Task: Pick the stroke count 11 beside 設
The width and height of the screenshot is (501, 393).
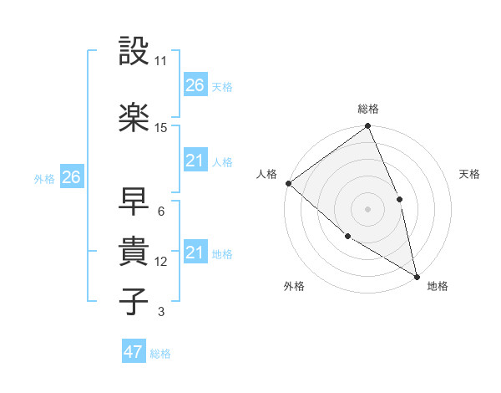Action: point(161,62)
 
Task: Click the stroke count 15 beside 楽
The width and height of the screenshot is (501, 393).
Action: point(161,128)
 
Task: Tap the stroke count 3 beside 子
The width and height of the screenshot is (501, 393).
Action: point(160,312)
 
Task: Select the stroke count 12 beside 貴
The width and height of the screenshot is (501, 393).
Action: point(161,262)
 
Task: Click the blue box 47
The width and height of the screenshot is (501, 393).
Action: point(134,352)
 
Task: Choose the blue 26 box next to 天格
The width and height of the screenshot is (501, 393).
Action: point(195,85)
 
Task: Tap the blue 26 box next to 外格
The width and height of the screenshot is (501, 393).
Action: point(71,177)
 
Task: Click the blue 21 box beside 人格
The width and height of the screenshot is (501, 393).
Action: point(195,161)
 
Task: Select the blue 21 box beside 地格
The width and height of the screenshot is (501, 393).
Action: point(195,253)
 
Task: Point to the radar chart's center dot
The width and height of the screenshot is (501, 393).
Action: point(367,209)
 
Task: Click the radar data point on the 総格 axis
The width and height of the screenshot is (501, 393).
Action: point(367,127)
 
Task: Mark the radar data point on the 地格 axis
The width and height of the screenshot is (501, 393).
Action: point(416,276)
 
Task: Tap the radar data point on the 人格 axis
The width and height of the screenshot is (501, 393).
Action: point(288,183)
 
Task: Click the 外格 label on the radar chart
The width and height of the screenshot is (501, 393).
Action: point(294,287)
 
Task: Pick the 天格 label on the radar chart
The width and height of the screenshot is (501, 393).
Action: point(469,174)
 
